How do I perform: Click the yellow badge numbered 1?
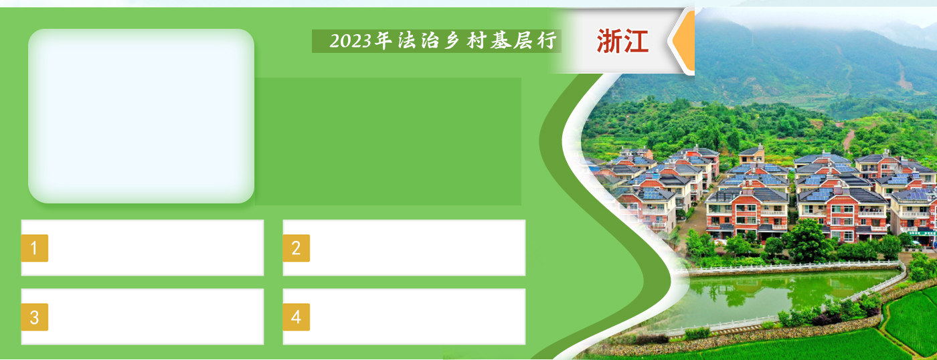[35, 248]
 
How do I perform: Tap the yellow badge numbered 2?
[296, 248]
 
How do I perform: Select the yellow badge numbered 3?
[35, 317]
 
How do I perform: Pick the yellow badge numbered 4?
[296, 317]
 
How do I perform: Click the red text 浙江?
[622, 41]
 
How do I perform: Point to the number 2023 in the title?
[351, 41]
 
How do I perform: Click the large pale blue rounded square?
[141, 116]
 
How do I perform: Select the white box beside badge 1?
[142, 248]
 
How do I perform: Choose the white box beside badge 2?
[404, 248]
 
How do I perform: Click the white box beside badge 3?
[142, 317]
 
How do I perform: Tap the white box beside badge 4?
[404, 317]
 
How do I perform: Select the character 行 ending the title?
[547, 41]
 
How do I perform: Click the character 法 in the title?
[407, 41]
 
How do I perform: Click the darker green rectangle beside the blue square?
[388, 141]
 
